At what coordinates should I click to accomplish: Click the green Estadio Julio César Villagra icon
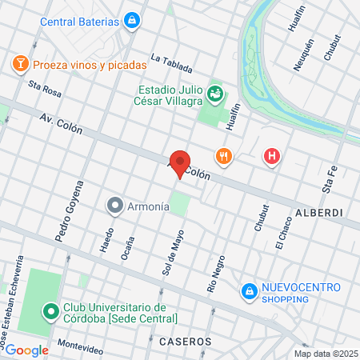214,95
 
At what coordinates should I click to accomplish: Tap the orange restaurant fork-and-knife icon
223,157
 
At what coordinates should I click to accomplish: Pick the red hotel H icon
272,157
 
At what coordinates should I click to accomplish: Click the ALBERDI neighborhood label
319,214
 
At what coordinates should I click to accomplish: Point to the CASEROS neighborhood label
185,341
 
